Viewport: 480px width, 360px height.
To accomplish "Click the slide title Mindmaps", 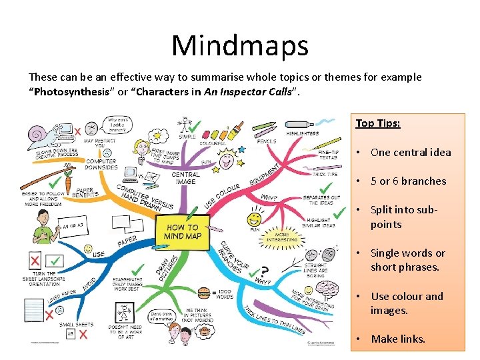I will (x=240, y=45).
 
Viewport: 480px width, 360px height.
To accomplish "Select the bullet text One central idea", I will (x=411, y=152).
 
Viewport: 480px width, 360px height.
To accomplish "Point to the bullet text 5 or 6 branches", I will (x=408, y=181).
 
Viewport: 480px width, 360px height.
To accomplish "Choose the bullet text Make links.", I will (x=398, y=339).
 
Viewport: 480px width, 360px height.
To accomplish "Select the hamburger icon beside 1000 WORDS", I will (x=204, y=292).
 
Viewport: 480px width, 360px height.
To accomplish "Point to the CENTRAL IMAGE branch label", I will (x=185, y=179).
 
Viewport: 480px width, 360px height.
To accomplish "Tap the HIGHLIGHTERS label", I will (x=302, y=134).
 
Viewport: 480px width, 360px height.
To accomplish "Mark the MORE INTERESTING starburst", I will (x=281, y=236).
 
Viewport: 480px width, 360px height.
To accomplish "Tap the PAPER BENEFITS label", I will (x=85, y=193).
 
